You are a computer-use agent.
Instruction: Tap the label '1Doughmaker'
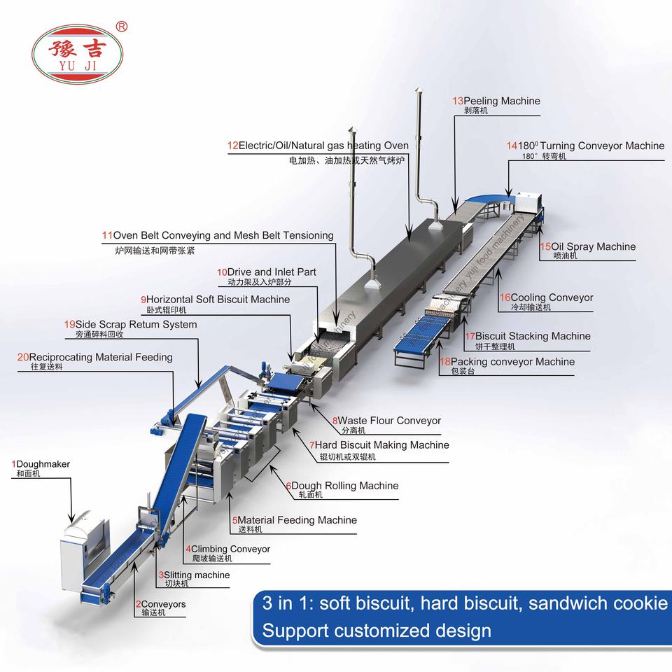click(x=41, y=464)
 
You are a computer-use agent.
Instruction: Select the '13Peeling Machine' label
click(x=496, y=101)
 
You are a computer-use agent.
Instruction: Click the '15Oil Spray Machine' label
click(x=587, y=246)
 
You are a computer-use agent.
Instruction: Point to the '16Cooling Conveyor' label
click(x=546, y=297)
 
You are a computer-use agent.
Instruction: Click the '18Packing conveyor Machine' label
click(x=507, y=362)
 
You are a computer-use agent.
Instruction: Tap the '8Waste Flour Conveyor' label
click(x=386, y=421)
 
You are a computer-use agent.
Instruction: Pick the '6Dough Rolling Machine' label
click(x=341, y=486)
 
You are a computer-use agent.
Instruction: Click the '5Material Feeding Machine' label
click(x=294, y=520)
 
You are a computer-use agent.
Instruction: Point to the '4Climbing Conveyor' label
click(x=227, y=549)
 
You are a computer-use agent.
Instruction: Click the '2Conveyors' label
click(x=160, y=603)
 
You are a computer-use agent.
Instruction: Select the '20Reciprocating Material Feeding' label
click(x=94, y=357)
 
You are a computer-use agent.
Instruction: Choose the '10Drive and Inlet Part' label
click(x=266, y=272)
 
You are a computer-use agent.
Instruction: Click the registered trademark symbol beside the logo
click(x=120, y=27)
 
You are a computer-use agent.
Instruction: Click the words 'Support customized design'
click(x=377, y=631)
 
